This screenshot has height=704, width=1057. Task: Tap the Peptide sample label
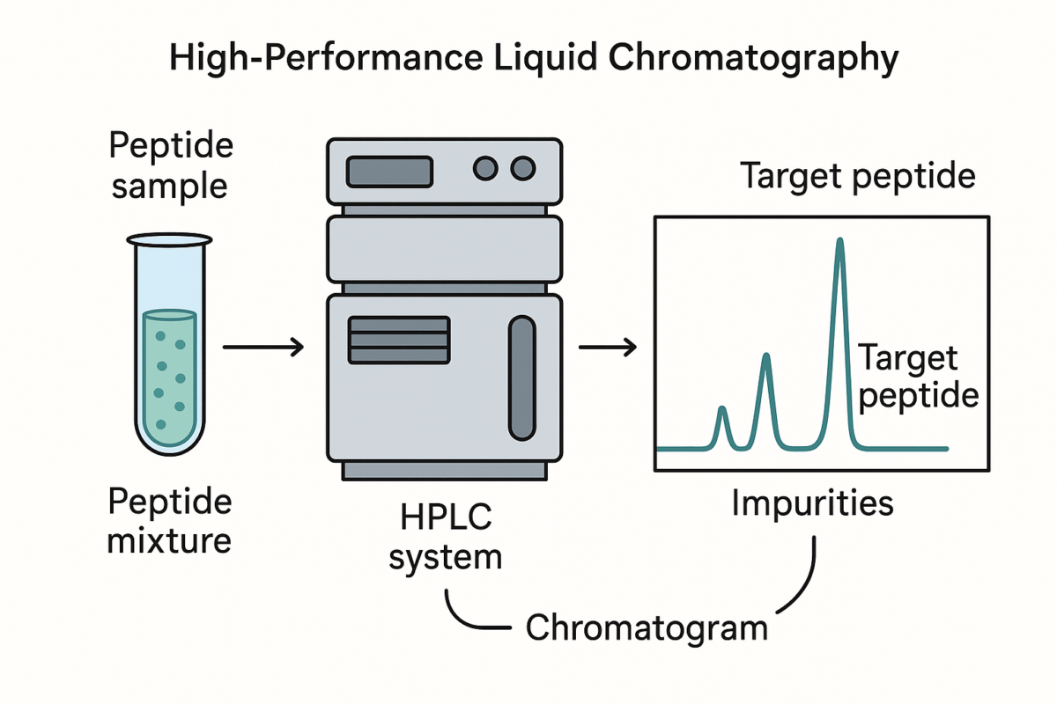pos(170,166)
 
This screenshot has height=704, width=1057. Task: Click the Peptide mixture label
pos(169,520)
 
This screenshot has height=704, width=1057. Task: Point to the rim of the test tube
pos(169,239)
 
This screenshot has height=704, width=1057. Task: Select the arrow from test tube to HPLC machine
pos(262,348)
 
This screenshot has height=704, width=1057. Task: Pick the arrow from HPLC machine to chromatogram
pos(607,348)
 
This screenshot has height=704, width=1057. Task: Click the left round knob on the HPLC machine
pos(486,168)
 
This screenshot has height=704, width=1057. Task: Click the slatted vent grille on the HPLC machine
pos(399,339)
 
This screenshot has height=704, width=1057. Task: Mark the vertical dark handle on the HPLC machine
pos(521,378)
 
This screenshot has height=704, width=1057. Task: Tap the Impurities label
pos(812,503)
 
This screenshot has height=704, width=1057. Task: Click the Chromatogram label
pos(647,628)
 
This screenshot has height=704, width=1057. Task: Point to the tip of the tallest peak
pos(839,241)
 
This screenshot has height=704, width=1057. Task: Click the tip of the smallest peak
pos(722,409)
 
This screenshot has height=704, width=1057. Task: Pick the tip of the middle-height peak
pos(766,356)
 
